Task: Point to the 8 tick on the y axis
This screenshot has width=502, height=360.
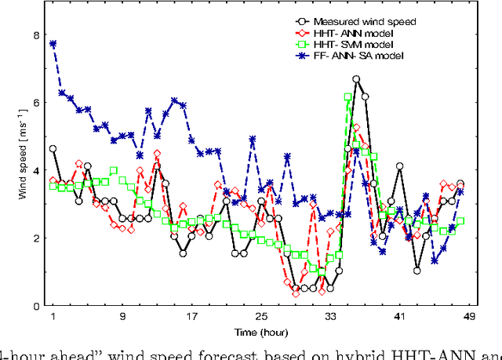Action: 35,35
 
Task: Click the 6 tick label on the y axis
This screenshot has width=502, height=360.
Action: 35,103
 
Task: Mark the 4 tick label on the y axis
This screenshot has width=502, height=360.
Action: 35,170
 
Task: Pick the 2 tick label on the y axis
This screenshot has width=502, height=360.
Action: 35,238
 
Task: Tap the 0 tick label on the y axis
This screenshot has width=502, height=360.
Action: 35,305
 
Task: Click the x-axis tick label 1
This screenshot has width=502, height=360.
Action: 53,318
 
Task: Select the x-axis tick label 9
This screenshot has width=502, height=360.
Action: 122,318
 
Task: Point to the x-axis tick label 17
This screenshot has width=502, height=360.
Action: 191,318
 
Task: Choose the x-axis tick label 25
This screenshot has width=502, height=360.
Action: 260,318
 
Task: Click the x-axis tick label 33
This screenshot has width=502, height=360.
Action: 330,318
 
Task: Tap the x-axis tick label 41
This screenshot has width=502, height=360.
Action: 399,318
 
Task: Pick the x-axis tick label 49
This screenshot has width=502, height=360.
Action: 469,318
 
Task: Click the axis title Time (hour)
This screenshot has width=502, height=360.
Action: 260,333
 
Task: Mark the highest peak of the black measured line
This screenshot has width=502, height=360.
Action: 356,79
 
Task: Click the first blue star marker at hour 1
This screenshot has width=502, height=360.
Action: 53,44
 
